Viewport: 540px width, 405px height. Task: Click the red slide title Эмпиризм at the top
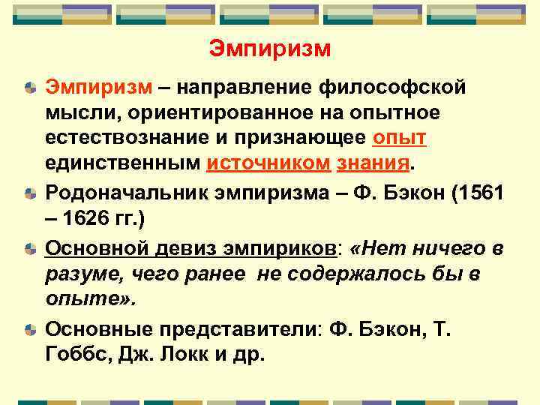(x=269, y=49)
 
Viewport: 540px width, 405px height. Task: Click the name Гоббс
(x=79, y=353)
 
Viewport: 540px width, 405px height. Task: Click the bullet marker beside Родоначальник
(x=28, y=194)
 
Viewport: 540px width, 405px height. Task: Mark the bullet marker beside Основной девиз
(x=28, y=248)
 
